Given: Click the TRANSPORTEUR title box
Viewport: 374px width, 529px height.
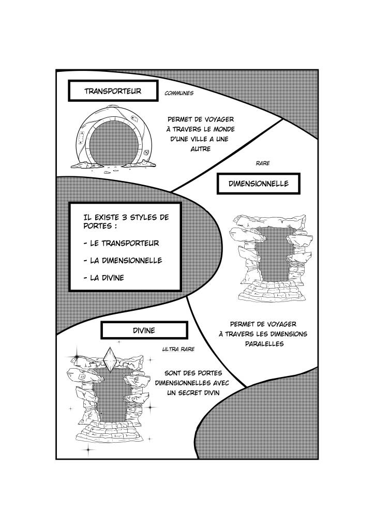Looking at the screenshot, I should (x=112, y=92).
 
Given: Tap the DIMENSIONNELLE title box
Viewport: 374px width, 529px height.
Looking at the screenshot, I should (x=259, y=184).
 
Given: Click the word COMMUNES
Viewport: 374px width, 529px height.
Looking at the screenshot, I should (x=178, y=94).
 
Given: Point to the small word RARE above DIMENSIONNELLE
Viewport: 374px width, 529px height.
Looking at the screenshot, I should (x=263, y=163).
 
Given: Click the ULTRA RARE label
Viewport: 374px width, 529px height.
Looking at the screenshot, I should (x=178, y=349).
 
